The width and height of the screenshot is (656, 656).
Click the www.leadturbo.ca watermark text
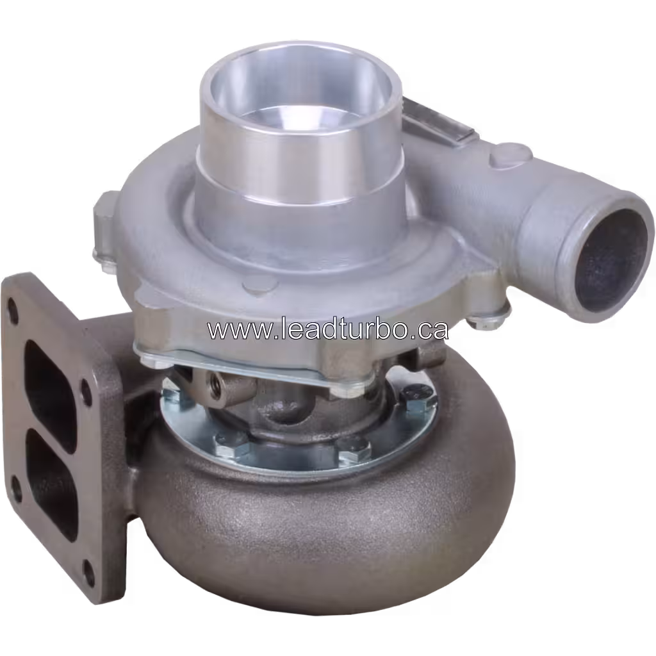pos(327,329)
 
